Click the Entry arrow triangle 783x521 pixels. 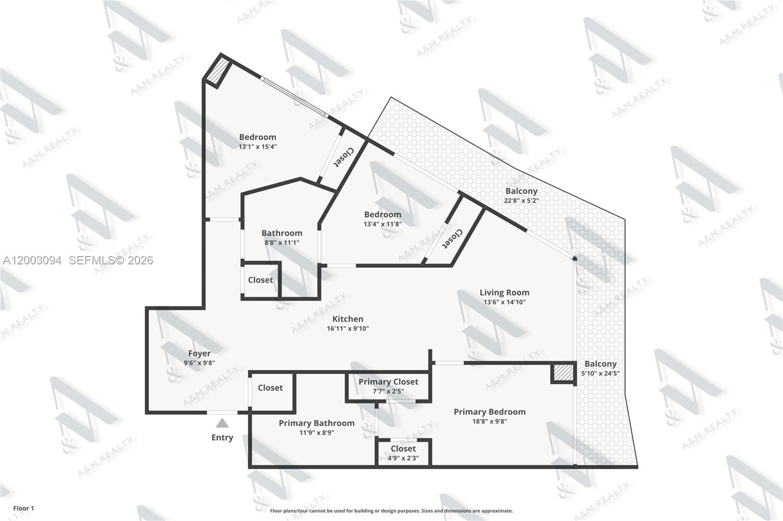222,423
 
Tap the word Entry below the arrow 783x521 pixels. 222,437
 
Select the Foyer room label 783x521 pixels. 199,353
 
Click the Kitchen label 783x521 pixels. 347,319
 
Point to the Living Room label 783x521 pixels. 504,293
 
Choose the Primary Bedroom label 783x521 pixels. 489,412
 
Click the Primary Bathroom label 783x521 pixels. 317,423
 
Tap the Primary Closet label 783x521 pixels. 388,382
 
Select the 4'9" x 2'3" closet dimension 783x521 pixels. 403,458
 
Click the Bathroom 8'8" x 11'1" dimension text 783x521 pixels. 281,242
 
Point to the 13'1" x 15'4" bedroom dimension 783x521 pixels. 257,147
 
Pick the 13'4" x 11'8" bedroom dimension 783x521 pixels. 382,224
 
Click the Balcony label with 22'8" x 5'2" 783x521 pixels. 521,191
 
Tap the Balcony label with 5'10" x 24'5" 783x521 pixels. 600,364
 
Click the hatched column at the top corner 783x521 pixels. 216,70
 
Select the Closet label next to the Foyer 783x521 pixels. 270,388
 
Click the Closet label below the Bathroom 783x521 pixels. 260,280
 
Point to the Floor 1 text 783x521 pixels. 23,508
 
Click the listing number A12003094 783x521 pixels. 32,260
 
